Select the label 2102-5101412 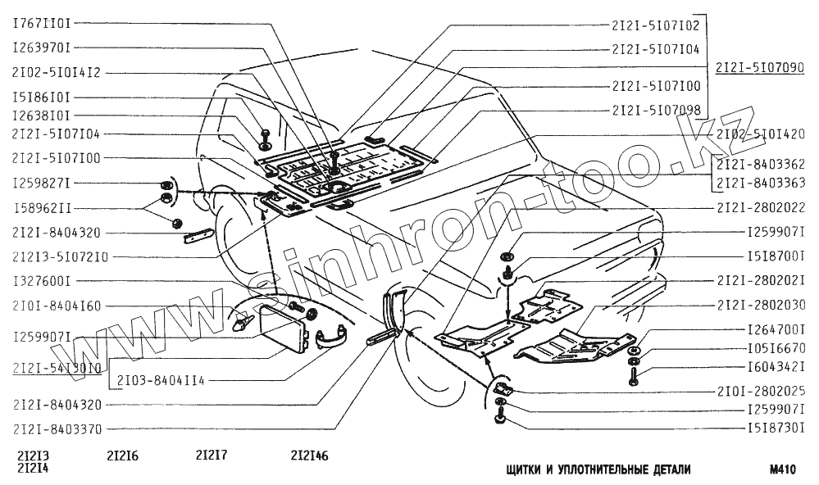57,72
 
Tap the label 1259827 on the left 41,182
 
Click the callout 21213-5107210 60,256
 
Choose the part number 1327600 41,281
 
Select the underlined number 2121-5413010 57,368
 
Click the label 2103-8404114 160,381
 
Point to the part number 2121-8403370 57,428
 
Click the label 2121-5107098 656,109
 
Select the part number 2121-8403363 759,184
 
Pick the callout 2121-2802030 759,305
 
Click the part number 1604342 776,366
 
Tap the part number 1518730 776,428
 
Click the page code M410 784,469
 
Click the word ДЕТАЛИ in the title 665,469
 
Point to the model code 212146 309,456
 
